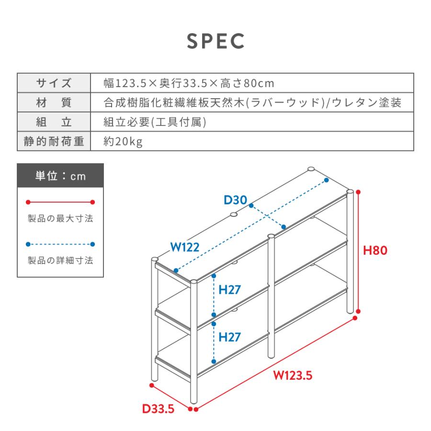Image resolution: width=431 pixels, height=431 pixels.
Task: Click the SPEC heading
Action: pos(215,41)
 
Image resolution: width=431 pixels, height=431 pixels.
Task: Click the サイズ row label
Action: pos(54,83)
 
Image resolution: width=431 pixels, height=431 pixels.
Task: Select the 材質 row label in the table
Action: pos(54,102)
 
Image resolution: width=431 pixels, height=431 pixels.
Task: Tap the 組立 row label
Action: pos(54,122)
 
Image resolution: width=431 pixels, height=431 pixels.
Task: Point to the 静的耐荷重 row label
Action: pos(54,141)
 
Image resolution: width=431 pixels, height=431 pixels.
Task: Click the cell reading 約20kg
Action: pos(123,142)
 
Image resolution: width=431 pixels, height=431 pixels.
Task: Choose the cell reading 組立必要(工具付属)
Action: pos(155,122)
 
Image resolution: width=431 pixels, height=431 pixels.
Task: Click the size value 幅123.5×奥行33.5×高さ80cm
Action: pos(189,83)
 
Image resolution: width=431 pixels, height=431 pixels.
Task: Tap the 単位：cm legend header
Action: pos(60,176)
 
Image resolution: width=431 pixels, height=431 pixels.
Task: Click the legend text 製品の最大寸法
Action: pos(60,218)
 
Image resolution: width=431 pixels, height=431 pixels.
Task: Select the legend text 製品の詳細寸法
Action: pos(60,261)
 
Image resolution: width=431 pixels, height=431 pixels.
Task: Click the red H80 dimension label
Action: pos(375,250)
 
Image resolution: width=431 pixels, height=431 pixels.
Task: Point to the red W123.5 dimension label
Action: pos(293,375)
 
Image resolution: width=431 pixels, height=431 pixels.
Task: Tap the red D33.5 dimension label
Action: pos(159,409)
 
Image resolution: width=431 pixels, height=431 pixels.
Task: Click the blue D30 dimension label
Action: pos(236,200)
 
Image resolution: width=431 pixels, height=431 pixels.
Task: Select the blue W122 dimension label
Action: pos(185,247)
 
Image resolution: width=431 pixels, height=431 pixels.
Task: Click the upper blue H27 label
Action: pos(229,290)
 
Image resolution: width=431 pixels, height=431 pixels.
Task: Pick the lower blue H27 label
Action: pos(229,337)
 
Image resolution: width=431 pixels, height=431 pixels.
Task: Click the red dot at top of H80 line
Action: pos(358,192)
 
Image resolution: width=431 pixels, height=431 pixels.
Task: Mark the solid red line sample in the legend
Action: pos(60,202)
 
